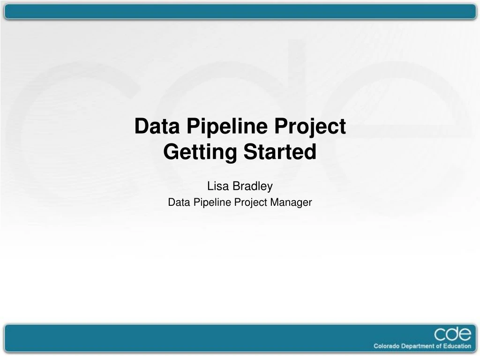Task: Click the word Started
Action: click(x=278, y=152)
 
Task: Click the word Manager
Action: click(x=294, y=202)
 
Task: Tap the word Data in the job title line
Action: click(x=177, y=202)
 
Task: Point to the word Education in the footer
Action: click(x=457, y=346)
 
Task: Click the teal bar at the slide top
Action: click(x=240, y=12)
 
